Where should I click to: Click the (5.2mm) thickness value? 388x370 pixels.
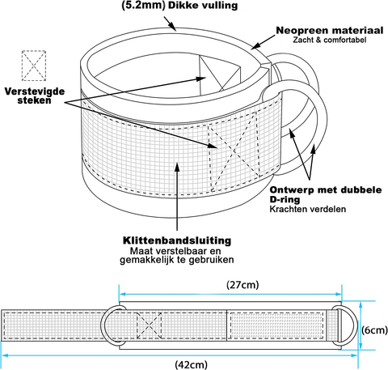pyautogui.click(x=143, y=6)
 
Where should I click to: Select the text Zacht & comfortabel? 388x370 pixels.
pyautogui.click(x=330, y=40)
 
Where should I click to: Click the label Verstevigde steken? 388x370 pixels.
pyautogui.click(x=35, y=96)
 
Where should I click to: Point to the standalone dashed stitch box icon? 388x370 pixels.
pyautogui.click(x=34, y=66)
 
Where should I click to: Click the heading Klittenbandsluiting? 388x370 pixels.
pyautogui.click(x=177, y=240)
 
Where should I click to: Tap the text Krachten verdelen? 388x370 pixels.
pyautogui.click(x=308, y=209)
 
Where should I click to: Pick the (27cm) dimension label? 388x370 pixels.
pyautogui.click(x=242, y=285)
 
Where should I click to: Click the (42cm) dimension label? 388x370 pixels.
pyautogui.click(x=191, y=364)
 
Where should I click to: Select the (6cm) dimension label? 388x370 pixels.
pyautogui.click(x=374, y=330)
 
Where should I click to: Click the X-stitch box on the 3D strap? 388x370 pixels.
pyautogui.click(x=234, y=151)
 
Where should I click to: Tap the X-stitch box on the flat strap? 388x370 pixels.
pyautogui.click(x=149, y=325)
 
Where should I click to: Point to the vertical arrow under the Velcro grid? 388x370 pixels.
pyautogui.click(x=177, y=196)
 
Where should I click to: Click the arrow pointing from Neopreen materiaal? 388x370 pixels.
pyautogui.click(x=264, y=42)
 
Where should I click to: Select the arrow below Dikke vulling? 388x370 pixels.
pyautogui.click(x=170, y=23)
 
